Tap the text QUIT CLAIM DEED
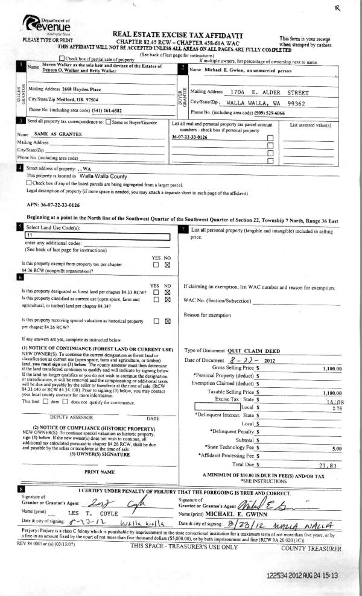[x=250, y=350]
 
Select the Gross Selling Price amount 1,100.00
[x=331, y=368]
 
